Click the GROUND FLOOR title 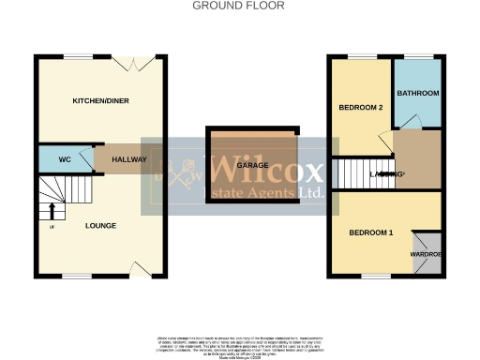coord(238,6)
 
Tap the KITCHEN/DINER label coord(99,99)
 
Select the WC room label coord(65,160)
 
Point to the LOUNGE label coord(100,225)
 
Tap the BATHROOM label coord(417,94)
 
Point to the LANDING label coord(387,174)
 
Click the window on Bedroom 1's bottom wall coord(375,277)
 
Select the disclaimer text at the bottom coord(238,343)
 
